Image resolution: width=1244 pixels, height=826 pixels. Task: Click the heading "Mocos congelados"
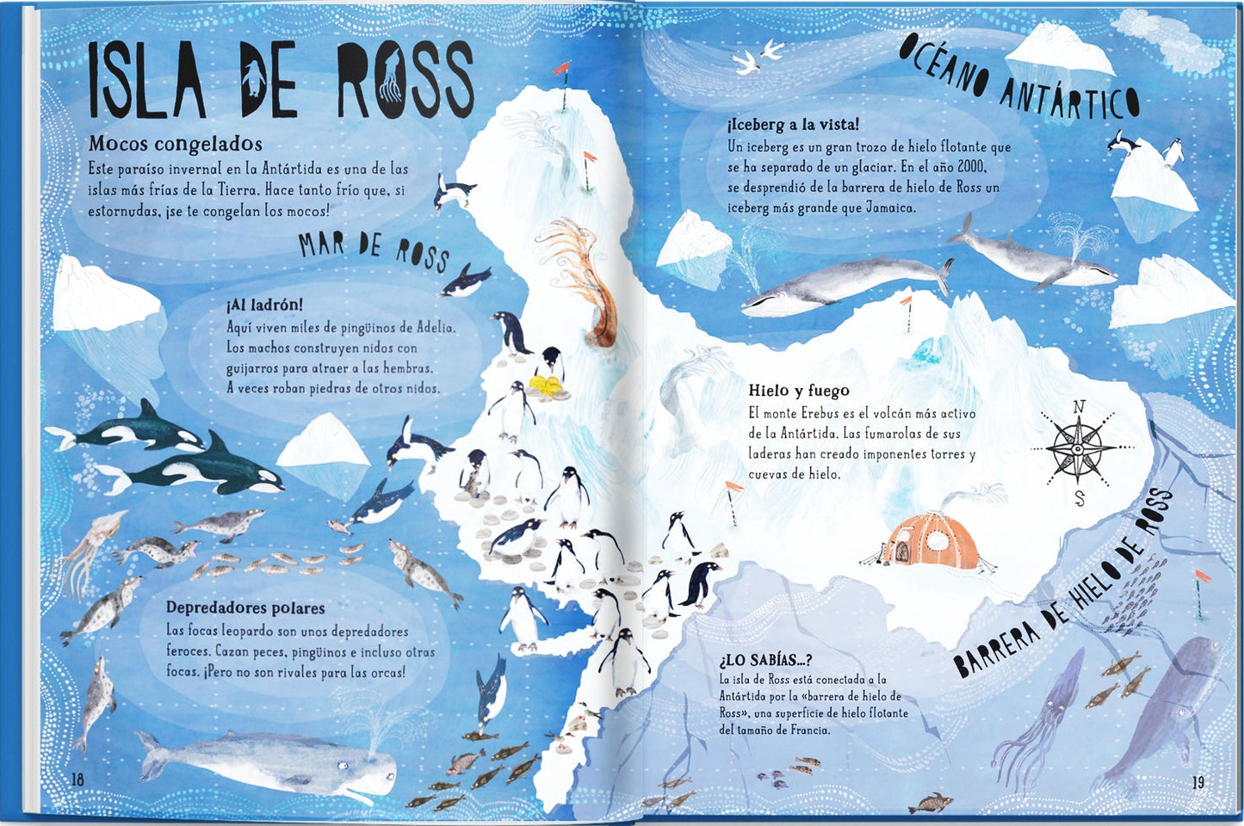click(175, 144)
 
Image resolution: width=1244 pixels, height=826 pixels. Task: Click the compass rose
click(1078, 448)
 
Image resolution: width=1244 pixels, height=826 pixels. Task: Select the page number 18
click(77, 780)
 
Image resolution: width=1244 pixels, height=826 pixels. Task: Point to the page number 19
click(1198, 782)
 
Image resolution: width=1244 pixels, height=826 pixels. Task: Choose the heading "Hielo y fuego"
click(798, 391)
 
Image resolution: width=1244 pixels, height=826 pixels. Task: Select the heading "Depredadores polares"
click(245, 607)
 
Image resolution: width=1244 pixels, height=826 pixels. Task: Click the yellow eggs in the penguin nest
click(546, 385)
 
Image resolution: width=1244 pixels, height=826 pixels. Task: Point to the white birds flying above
click(757, 57)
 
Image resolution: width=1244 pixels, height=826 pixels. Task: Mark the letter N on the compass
click(1079, 407)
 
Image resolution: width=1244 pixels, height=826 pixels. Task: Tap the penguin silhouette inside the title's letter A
click(252, 77)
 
